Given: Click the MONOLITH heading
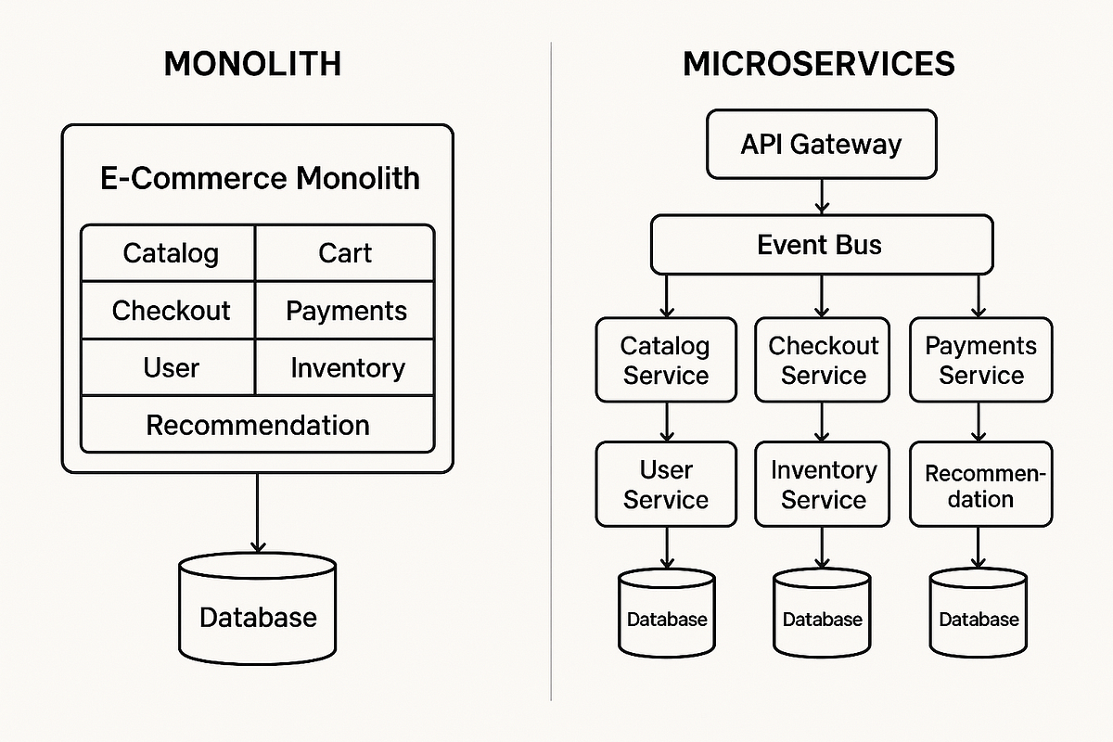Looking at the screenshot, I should pos(252,64).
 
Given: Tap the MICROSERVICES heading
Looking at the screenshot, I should pos(819,64).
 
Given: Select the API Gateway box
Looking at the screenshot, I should pos(821,145).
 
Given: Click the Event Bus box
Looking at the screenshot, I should pos(821,245).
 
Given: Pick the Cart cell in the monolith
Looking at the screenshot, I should pos(345,253).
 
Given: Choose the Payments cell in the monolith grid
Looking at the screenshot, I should pos(345,311).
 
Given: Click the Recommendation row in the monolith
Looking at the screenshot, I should pos(258,425).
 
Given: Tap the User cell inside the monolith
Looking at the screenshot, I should pos(171,367).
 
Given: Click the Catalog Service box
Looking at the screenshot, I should pos(666,360).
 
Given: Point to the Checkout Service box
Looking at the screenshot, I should pos(823,360).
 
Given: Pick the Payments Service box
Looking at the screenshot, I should pos(980,360).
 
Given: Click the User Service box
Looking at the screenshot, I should pos(666,484).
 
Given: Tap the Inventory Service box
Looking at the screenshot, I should pos(823,484).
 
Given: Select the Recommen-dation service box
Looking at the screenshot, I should pos(980,484).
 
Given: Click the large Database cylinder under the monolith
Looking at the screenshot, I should pos(258,609).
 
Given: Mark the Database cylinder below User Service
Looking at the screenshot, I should pos(667,613).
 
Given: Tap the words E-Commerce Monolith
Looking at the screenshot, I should pos(260,178).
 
